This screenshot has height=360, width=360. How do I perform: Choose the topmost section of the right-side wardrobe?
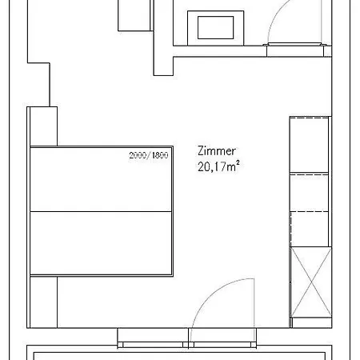point(310,144)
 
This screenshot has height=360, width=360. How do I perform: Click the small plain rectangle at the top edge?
point(134,14)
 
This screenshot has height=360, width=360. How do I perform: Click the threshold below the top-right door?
point(297,46)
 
